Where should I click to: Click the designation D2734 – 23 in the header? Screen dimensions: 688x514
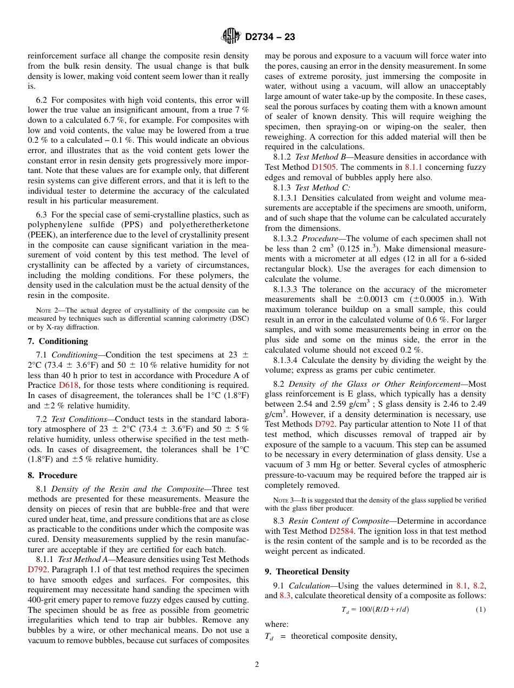270,37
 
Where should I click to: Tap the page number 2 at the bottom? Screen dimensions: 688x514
257,664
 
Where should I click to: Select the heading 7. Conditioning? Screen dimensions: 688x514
57,341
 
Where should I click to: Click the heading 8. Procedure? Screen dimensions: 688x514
52,475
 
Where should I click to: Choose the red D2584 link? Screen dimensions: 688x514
341,531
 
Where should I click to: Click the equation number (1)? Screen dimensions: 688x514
480,610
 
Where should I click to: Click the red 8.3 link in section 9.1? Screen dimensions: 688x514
285,596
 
